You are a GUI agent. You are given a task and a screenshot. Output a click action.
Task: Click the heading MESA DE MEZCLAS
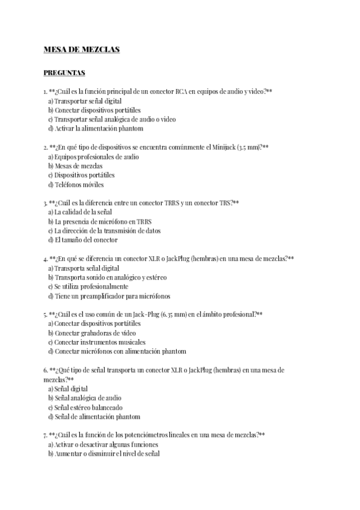tap(82, 50)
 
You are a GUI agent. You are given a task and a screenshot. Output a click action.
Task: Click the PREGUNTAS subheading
tap(64, 73)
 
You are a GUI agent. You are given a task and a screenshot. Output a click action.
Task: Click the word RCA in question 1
tap(181, 91)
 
